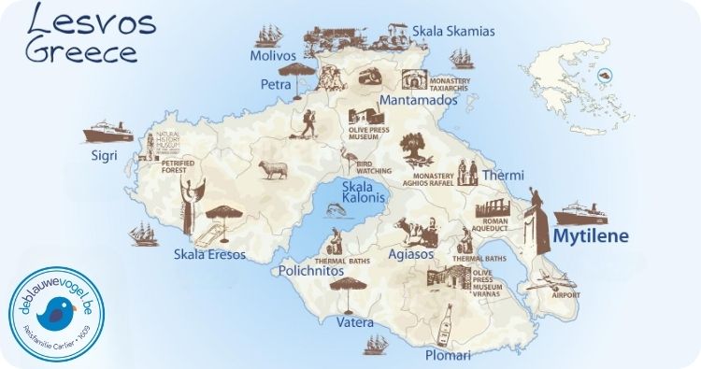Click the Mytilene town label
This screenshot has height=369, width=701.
pyautogui.click(x=591, y=236)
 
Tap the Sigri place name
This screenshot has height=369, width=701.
pyautogui.click(x=103, y=155)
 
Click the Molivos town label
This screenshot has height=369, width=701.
pyautogui.click(x=273, y=56)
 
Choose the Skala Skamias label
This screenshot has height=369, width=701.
pyautogui.click(x=453, y=31)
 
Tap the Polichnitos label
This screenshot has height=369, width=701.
pyautogui.click(x=315, y=270)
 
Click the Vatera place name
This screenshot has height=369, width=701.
pyautogui.click(x=354, y=322)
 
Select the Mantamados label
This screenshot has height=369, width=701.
pyautogui.click(x=418, y=98)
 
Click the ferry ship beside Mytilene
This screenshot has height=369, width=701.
pyautogui.click(x=582, y=210)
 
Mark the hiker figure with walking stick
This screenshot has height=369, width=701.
pyautogui.click(x=307, y=121)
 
